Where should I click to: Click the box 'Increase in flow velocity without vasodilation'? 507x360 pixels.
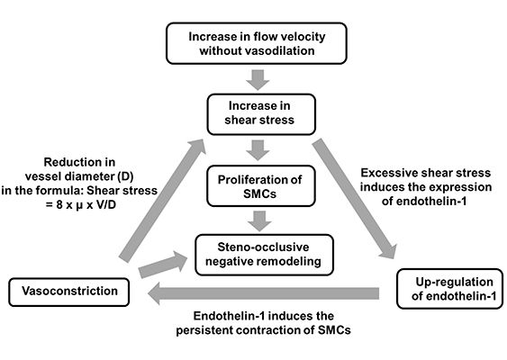257,43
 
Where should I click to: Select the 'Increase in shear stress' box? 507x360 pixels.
261,114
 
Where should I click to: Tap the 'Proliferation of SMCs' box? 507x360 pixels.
261,185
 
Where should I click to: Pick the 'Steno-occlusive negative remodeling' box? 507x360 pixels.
264,255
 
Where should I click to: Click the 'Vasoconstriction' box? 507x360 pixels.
68,292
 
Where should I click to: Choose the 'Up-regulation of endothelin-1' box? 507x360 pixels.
449,289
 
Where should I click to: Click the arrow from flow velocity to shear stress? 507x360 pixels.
258,79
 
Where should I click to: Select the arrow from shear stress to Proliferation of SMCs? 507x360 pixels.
258,150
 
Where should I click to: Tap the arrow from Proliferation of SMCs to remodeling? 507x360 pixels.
259,221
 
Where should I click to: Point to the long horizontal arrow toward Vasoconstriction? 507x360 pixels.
263,293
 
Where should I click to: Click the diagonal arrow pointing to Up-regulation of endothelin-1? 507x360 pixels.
356,198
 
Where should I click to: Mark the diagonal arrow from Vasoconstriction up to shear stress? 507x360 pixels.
163,200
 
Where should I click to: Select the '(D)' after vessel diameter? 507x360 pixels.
125,176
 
